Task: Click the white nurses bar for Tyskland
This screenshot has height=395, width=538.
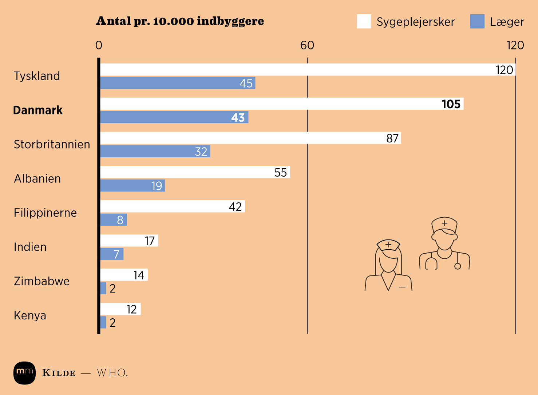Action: [x=308, y=69]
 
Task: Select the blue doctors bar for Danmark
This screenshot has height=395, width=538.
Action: [x=174, y=117]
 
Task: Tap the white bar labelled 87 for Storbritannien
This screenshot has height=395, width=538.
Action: [x=250, y=138]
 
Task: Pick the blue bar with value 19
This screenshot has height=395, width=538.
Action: [x=132, y=185]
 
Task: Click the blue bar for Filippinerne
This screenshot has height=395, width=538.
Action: [x=114, y=219]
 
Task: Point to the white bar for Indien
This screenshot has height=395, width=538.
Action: [x=129, y=240]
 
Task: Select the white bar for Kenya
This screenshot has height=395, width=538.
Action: [x=120, y=309]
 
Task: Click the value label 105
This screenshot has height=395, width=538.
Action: [x=451, y=104]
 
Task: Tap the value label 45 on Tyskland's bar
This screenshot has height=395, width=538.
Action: [x=246, y=83]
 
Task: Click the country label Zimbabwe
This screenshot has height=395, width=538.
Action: [x=41, y=281]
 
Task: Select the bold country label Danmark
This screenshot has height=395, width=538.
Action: [x=38, y=110]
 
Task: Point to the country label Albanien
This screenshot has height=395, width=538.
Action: [x=37, y=178]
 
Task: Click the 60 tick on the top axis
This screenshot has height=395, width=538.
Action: [x=307, y=45]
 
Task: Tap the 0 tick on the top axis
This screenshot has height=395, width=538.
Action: [x=99, y=45]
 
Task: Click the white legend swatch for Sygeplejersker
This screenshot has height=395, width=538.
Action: [x=364, y=21]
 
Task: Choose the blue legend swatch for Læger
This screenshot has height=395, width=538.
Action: [x=477, y=21]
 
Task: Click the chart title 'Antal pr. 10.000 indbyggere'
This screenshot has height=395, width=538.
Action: [x=180, y=21]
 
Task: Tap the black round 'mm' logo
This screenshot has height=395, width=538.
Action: [x=24, y=373]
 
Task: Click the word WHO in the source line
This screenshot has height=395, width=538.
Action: [x=111, y=373]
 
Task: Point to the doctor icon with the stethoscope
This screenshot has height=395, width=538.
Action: [x=444, y=243]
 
